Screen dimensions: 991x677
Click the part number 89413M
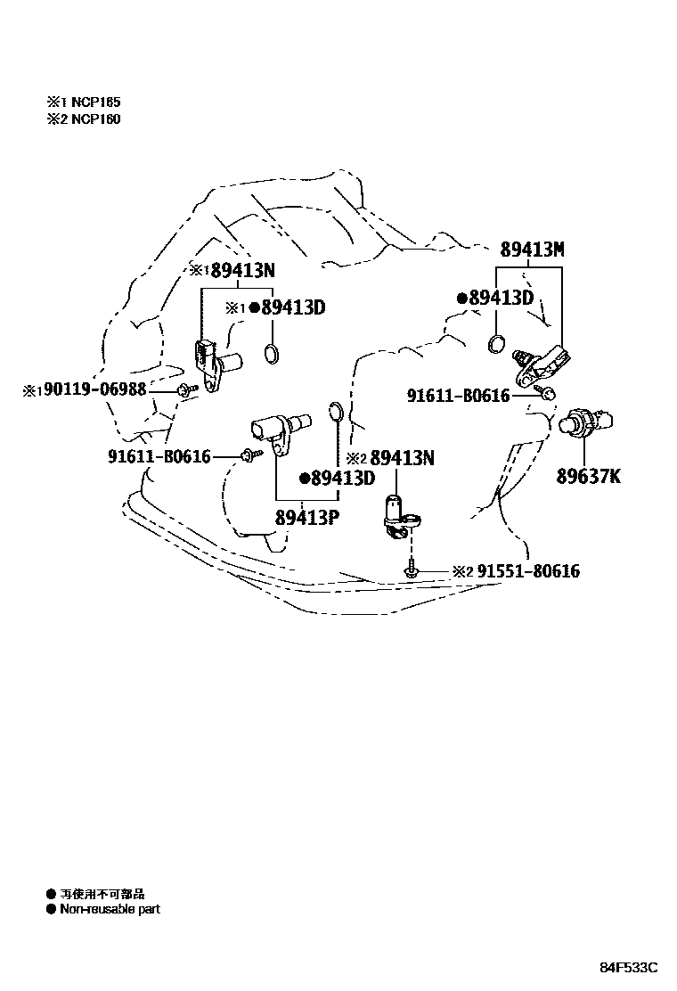pyautogui.click(x=532, y=250)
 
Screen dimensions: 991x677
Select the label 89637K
pyautogui.click(x=589, y=476)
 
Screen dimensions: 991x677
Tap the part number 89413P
pyautogui.click(x=305, y=517)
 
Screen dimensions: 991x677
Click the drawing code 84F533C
pyautogui.click(x=627, y=968)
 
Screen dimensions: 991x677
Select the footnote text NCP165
pyautogui.click(x=96, y=102)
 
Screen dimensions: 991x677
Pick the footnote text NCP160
pyautogui.click(x=96, y=119)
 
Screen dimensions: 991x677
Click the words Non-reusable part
pyautogui.click(x=110, y=910)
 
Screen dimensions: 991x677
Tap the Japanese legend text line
pyautogui.click(x=102, y=893)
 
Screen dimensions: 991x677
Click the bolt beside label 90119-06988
pyautogui.click(x=186, y=389)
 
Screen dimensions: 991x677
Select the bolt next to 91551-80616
pyautogui.click(x=411, y=569)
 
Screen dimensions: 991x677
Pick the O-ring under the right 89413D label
pyautogui.click(x=499, y=343)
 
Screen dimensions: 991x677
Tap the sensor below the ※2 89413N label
pyautogui.click(x=398, y=517)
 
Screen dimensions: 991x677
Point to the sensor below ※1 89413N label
pyautogui.click(x=214, y=362)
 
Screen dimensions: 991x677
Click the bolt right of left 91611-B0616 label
pyautogui.click(x=249, y=456)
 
